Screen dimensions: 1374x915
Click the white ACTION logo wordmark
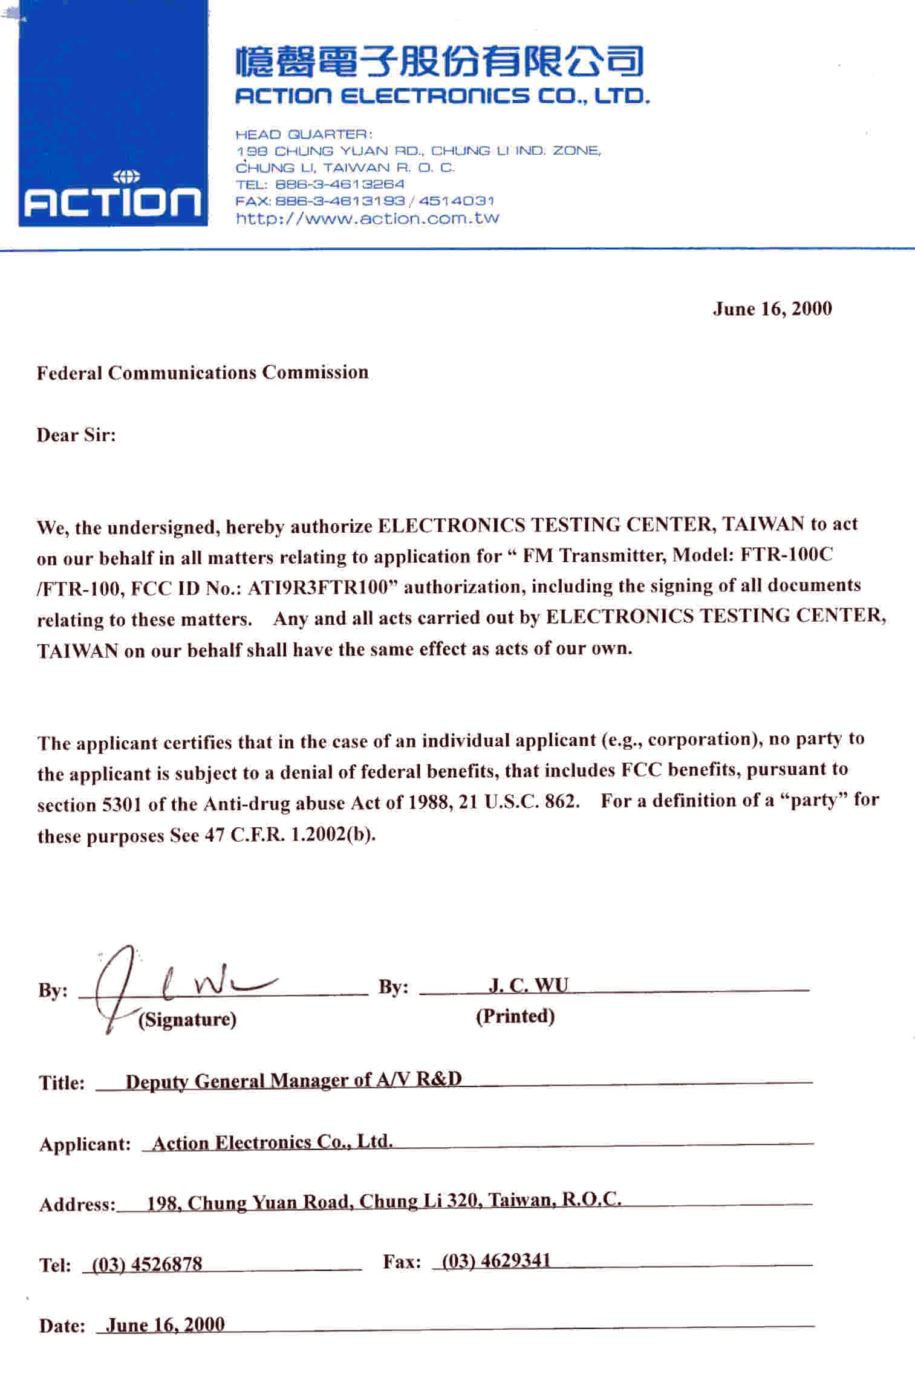(112, 202)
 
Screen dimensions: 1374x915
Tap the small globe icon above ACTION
(126, 177)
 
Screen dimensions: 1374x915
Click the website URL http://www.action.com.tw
(368, 218)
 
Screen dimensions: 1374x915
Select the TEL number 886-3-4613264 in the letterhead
(339, 184)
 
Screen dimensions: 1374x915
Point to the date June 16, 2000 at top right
(772, 309)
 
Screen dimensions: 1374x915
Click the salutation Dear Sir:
(76, 435)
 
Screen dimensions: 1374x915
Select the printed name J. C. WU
(529, 985)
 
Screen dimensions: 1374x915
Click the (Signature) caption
(187, 1020)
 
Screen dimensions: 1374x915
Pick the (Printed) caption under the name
(515, 1016)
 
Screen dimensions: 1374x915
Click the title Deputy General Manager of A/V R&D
(293, 1080)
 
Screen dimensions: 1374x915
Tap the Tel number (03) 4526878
(146, 1264)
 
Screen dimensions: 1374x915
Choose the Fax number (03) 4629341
(497, 1261)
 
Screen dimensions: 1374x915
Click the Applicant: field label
(85, 1144)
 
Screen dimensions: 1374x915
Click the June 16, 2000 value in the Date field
(165, 1324)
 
